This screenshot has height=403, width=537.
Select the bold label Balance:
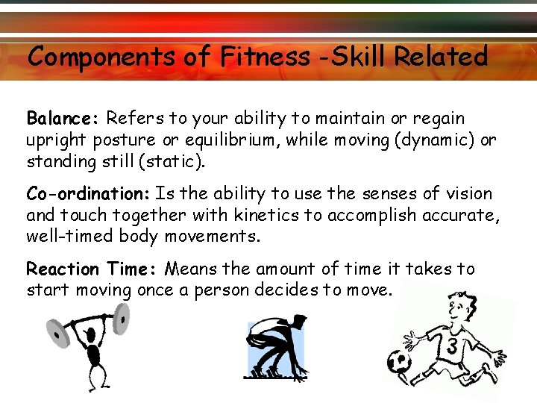[63, 118]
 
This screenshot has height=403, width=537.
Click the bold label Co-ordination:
[89, 194]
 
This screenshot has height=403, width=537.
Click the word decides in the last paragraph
[306, 290]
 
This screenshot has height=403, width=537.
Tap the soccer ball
[400, 362]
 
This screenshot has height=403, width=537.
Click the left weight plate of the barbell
[57, 329]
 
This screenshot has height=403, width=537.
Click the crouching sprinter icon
[276, 346]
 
